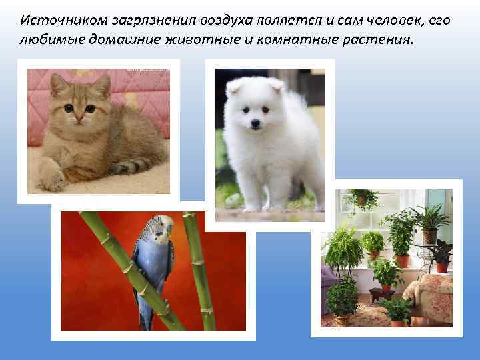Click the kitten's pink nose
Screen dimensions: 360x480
click(78, 117)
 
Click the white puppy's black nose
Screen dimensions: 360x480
click(254, 125)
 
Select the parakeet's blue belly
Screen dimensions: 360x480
click(151, 267)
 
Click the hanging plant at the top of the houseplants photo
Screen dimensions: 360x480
click(361, 198)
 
